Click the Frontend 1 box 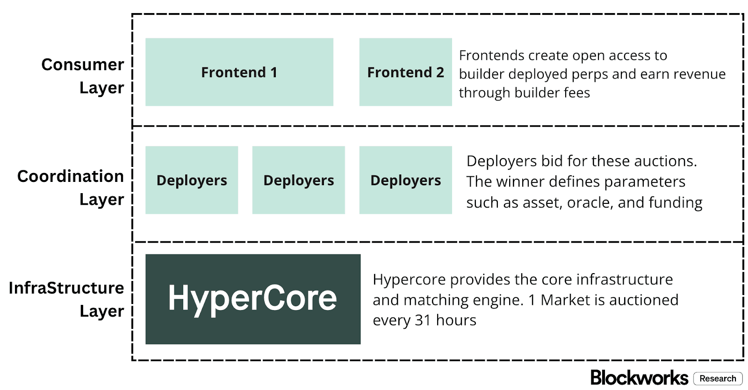[239, 72]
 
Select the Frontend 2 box [405, 72]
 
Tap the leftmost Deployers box [192, 180]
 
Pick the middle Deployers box [299, 180]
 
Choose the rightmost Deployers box [405, 180]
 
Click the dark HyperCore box [253, 299]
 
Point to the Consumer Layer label [83, 76]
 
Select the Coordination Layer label [71, 188]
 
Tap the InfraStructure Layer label [66, 299]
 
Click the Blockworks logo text [639, 378]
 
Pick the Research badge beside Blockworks [718, 378]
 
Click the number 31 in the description [423, 320]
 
